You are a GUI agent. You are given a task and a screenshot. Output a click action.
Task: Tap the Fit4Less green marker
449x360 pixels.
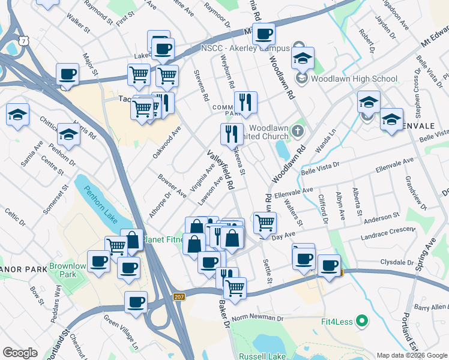pyautogui.click(x=361, y=322)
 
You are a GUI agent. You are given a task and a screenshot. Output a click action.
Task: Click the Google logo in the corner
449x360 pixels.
pyautogui.click(x=20, y=353)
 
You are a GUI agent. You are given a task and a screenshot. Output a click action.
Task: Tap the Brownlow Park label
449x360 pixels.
pyautogui.click(x=67, y=271)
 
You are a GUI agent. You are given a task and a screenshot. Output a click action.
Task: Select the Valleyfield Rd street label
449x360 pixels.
pyautogui.click(x=220, y=170)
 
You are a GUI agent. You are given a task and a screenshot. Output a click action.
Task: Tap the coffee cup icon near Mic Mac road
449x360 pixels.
pyautogui.click(x=263, y=34)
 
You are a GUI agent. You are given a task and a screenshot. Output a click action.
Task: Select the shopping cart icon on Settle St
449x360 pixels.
pyautogui.click(x=265, y=223)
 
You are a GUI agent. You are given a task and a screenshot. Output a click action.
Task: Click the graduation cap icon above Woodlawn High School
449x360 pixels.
pyautogui.click(x=303, y=58)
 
